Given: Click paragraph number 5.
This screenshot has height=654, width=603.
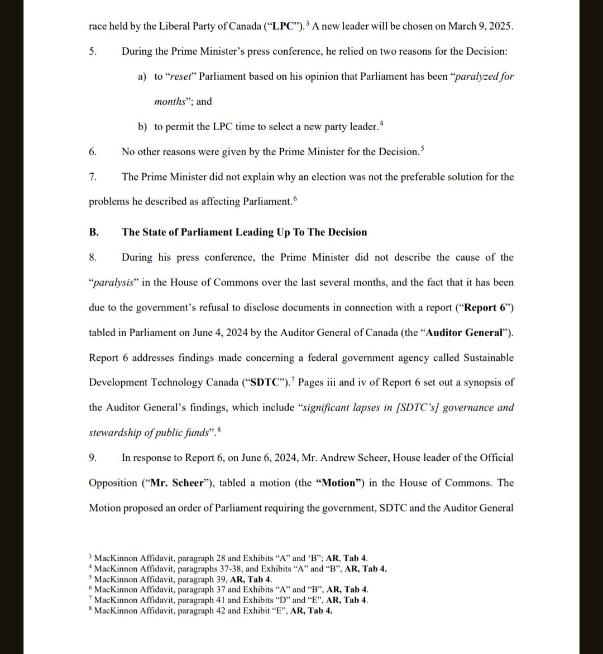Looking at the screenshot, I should click(93, 51).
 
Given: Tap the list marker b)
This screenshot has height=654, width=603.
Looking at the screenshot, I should click(142, 127).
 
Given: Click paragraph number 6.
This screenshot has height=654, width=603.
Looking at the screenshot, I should click(93, 152).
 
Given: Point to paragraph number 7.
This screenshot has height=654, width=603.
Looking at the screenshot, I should click(93, 177).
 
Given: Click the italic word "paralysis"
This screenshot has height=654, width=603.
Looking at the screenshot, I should click(113, 283).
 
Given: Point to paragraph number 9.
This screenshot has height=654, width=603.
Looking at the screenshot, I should click(93, 458).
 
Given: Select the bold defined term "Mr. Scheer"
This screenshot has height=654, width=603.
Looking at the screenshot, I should click(178, 483).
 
